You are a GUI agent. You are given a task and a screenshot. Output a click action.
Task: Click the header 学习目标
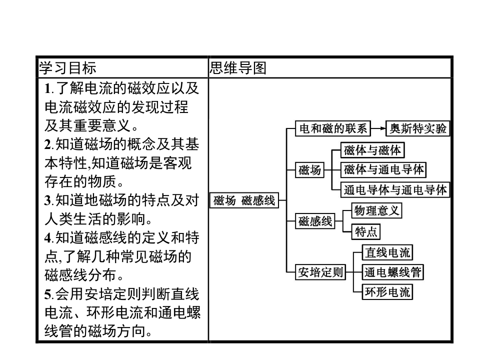[x=68, y=68]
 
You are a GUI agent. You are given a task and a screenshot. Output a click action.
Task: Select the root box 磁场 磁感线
[x=244, y=201]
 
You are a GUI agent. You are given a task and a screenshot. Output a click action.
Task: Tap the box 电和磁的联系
[x=332, y=129]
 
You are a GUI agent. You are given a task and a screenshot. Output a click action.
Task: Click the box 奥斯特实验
[x=418, y=129]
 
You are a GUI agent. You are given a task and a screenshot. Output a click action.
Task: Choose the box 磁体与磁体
[x=372, y=150]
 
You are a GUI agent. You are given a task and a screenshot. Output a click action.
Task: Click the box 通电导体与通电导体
[x=395, y=190]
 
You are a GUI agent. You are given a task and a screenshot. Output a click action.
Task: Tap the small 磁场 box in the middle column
[x=309, y=170]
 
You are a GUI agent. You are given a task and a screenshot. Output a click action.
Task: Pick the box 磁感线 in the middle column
[x=315, y=221]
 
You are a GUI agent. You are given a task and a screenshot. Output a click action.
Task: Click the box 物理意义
[x=376, y=210]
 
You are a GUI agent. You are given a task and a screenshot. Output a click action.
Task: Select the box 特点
[x=366, y=232]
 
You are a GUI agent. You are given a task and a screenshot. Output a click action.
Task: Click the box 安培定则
[x=320, y=272]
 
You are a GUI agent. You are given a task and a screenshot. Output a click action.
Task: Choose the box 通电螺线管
[x=393, y=272]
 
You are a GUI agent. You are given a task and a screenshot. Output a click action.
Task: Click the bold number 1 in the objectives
[x=47, y=89]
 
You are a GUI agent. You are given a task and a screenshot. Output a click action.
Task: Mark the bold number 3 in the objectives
[x=47, y=201]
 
